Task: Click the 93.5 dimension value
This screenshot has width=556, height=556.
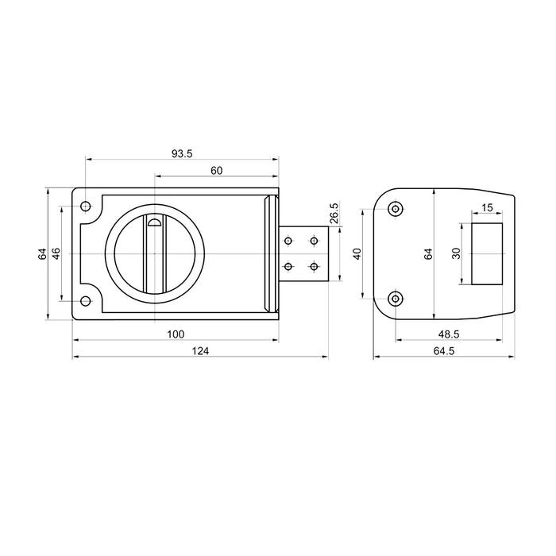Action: tap(182, 153)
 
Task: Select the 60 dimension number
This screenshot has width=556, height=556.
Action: tap(216, 171)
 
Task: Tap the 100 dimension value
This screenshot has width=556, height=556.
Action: tap(176, 334)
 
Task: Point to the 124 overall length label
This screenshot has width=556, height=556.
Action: tap(201, 351)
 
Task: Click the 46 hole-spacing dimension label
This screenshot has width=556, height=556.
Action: tap(56, 253)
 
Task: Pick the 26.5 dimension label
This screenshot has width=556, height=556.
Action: tap(334, 213)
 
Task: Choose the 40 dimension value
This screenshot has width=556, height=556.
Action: tap(357, 253)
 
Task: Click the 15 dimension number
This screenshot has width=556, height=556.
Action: tap(488, 207)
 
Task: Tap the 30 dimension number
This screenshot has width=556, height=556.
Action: tap(457, 253)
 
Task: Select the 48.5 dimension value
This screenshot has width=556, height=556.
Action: tap(449, 334)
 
